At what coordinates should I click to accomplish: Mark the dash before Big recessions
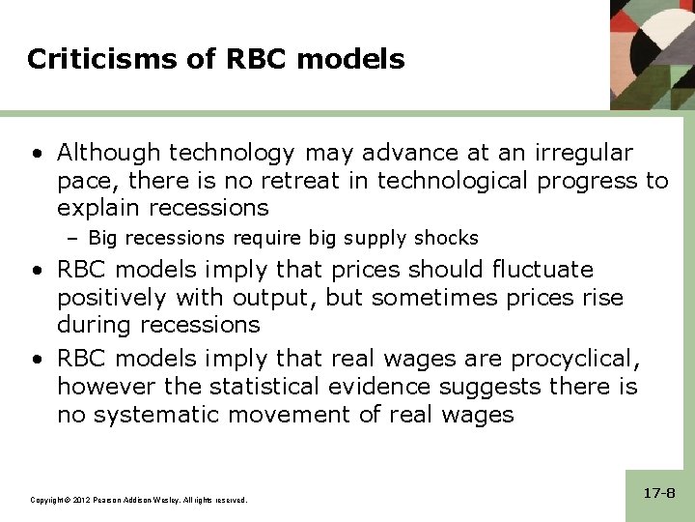pyautogui.click(x=77, y=238)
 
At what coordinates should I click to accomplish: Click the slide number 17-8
pyautogui.click(x=658, y=493)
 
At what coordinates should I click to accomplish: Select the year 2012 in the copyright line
pyautogui.click(x=80, y=500)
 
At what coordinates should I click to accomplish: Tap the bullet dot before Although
pyautogui.click(x=36, y=154)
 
